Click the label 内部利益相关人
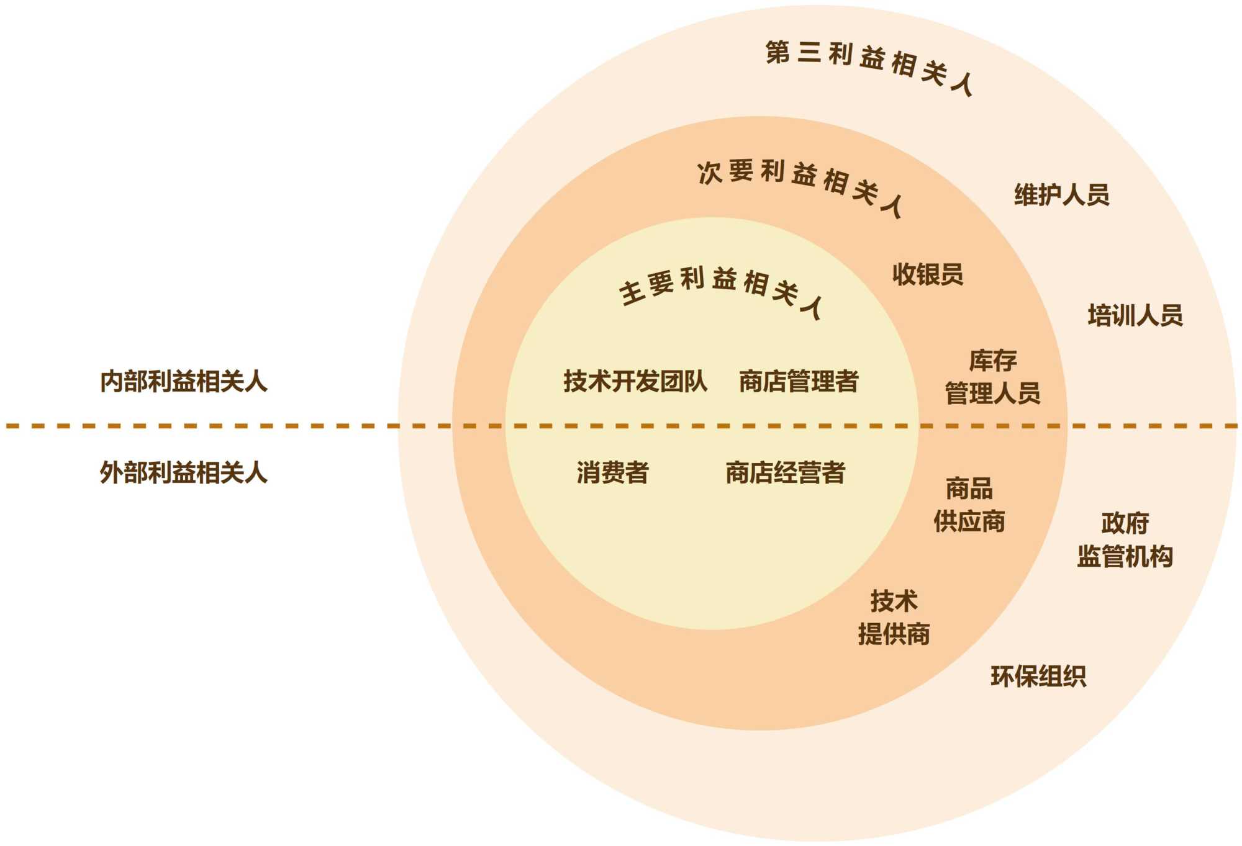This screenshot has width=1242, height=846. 184,381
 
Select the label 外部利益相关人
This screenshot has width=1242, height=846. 184,472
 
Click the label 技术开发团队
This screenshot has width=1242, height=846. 635,381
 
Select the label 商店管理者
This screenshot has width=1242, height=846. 799,381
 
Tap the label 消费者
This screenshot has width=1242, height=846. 612,472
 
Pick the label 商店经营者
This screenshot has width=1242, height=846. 785,472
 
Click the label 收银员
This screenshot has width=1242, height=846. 927,274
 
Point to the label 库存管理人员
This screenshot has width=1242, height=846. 992,377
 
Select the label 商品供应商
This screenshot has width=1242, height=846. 969,505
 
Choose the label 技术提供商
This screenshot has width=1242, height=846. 894,618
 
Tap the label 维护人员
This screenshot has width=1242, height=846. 1061,194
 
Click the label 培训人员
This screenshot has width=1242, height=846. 1135,315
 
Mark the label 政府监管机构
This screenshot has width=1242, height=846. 1125,539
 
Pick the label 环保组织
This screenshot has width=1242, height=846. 1038,676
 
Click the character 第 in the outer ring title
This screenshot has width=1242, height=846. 777,52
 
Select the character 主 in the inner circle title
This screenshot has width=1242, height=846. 631,293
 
